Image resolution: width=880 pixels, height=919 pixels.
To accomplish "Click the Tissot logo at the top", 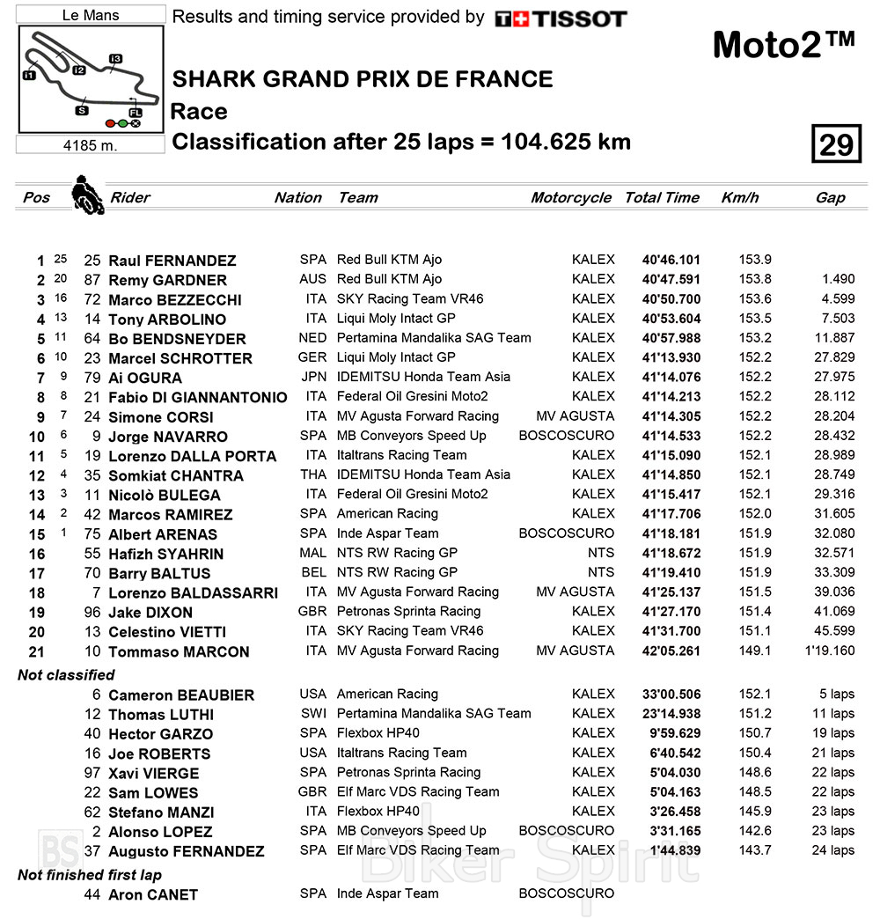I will tap(561, 18).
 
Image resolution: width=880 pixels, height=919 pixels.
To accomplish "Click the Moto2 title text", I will tap(782, 44).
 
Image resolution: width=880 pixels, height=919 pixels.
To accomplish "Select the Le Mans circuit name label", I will tap(92, 15).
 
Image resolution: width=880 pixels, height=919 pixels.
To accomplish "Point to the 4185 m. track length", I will tap(92, 145).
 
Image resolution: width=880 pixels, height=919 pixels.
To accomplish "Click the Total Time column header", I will tap(662, 197).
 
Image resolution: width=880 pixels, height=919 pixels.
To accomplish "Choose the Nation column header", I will tap(297, 197).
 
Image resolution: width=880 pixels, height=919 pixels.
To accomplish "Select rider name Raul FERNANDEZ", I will tap(172, 261).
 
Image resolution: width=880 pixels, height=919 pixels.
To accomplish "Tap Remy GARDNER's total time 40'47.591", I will tap(671, 280).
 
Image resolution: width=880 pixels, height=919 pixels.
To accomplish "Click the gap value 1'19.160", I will tap(830, 651).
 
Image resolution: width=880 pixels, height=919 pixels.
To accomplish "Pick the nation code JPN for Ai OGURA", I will tap(312, 378).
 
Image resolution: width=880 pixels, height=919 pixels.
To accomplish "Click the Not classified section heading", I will tap(66, 675).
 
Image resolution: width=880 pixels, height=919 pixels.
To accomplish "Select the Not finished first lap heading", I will tap(90, 875).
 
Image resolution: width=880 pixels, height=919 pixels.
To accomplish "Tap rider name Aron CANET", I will tap(153, 894).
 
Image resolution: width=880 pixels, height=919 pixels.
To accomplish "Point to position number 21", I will tap(36, 651).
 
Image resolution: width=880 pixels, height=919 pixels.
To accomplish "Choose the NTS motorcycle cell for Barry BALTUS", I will tap(601, 572).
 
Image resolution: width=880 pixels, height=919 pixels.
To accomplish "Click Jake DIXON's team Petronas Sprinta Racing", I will tap(408, 612).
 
